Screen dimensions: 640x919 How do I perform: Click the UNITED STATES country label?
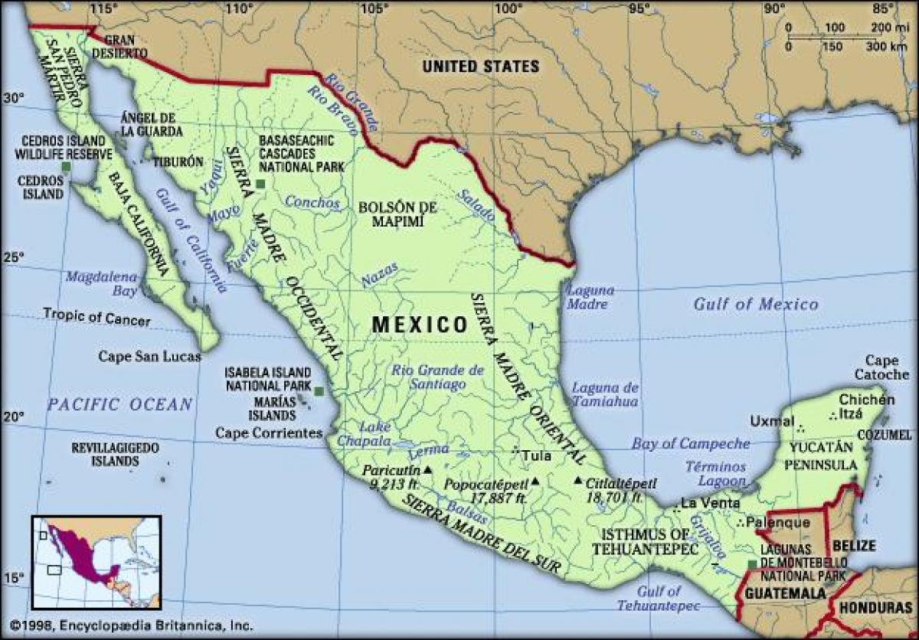[x=481, y=67]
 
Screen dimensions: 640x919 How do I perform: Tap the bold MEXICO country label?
[x=420, y=325]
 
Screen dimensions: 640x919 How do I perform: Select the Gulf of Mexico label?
[x=756, y=304]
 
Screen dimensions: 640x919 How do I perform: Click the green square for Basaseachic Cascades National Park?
[x=260, y=184]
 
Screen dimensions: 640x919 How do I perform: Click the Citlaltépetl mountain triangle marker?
[x=577, y=482]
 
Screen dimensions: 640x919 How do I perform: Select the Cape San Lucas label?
[x=149, y=356]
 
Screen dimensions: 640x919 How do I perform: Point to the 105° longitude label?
[x=372, y=8]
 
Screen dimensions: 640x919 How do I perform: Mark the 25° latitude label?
[x=15, y=257]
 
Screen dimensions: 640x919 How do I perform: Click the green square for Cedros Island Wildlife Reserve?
[x=67, y=166]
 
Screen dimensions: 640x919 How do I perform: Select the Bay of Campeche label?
[x=690, y=443]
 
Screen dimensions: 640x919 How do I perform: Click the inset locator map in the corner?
[x=96, y=561]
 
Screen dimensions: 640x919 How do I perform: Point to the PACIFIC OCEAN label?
[x=119, y=403]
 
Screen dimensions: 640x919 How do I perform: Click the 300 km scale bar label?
[x=887, y=47]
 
